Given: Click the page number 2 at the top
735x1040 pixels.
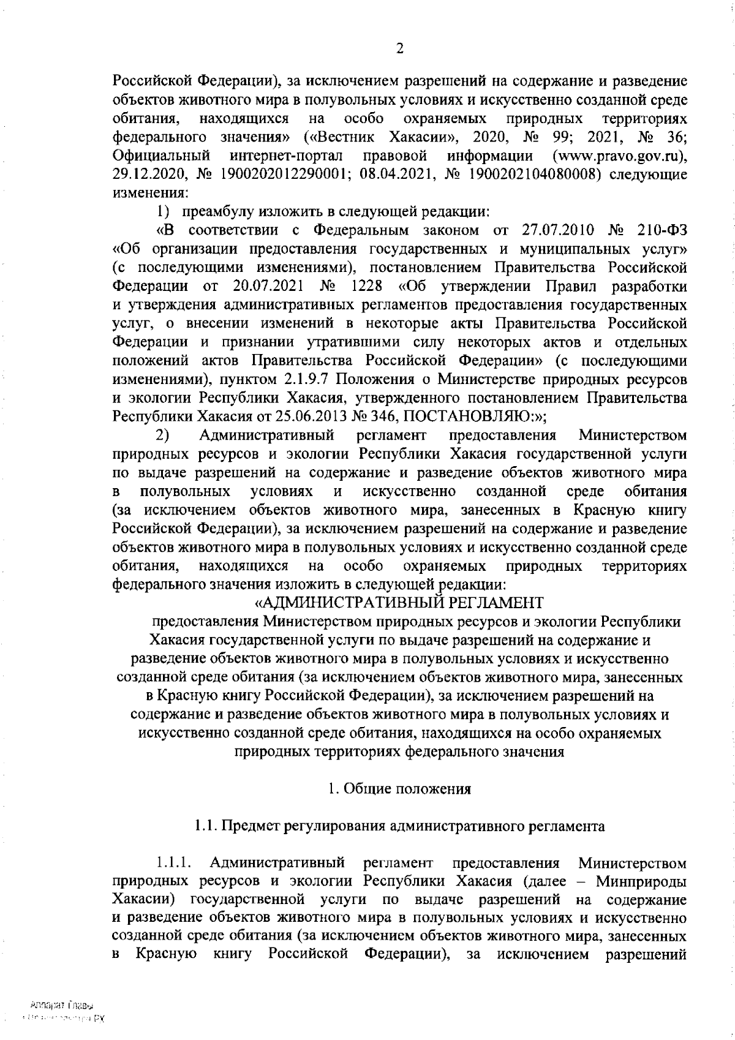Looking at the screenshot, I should tap(399, 50).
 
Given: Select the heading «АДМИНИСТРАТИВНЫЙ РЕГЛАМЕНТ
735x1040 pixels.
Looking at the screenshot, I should tap(398, 603).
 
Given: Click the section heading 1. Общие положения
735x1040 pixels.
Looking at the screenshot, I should tap(399, 789).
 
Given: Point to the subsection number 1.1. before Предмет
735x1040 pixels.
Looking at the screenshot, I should tap(205, 826).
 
